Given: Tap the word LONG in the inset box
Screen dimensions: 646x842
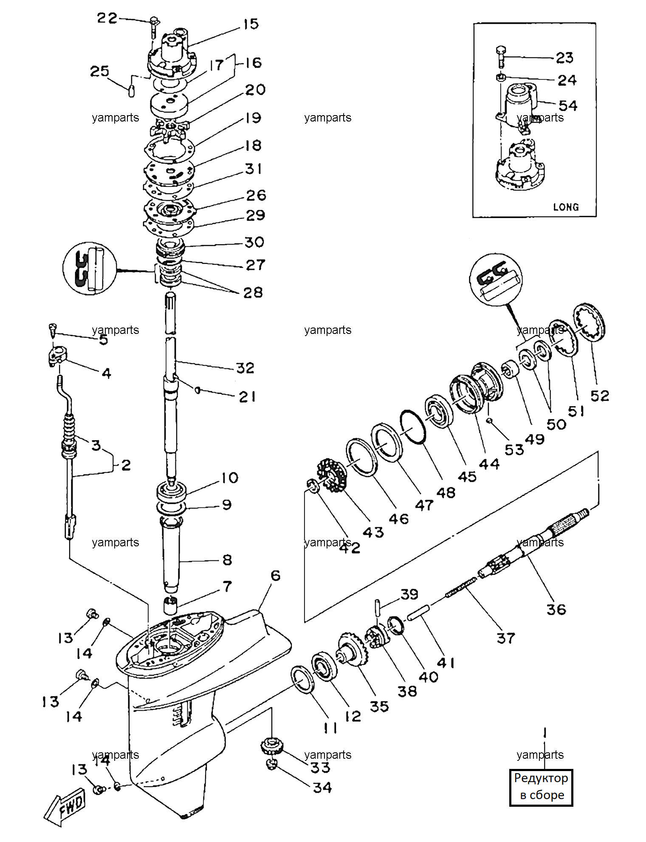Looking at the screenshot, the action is (566, 207).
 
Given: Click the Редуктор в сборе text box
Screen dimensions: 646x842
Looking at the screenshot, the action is (541, 787).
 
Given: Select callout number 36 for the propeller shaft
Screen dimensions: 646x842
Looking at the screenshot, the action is (556, 610).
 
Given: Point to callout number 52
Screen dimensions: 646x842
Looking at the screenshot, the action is (600, 396).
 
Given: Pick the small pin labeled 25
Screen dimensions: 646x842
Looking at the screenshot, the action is (131, 91).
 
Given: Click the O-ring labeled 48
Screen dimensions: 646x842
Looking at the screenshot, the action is (412, 427).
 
